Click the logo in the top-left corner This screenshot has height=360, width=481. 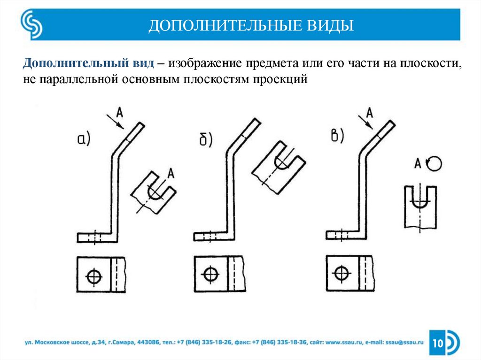[31, 25]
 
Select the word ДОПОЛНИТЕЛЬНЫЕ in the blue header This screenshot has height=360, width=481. [226, 25]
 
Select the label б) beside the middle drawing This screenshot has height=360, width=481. [205, 138]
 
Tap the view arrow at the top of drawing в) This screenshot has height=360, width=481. [365, 122]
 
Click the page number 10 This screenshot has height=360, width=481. [438, 344]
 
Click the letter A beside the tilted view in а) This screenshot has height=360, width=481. [171, 173]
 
